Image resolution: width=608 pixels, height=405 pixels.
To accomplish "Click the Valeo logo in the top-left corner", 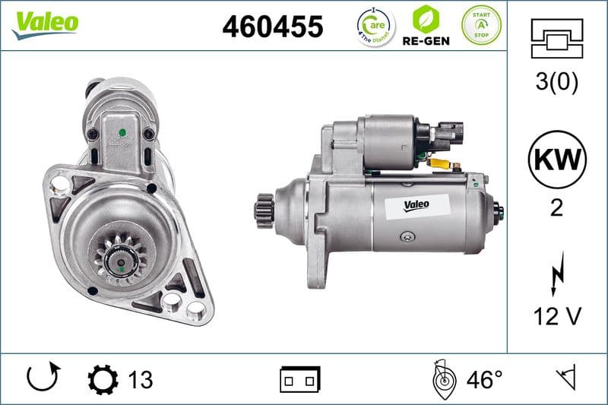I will point(45,23).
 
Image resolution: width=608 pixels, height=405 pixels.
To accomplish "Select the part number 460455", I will point(272,27).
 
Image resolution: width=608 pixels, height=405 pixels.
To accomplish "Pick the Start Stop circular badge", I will point(482,25).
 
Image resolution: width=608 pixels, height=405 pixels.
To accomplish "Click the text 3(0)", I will point(556,82).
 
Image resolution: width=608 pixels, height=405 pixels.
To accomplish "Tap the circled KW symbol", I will point(556,160).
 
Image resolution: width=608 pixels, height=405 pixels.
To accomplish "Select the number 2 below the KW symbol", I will point(556,208).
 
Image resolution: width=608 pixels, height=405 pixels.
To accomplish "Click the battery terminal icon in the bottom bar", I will point(300,378).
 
